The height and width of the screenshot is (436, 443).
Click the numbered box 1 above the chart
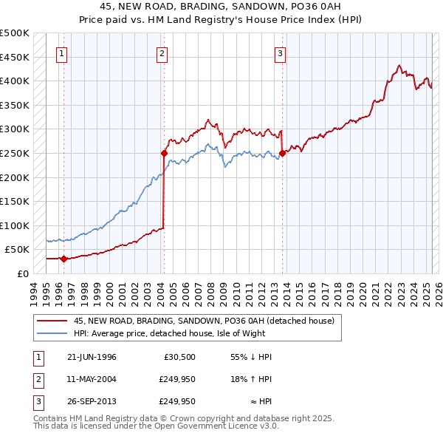click(61, 52)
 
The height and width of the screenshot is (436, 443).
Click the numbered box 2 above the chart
click(162, 52)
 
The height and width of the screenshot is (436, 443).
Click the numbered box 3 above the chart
click(281, 52)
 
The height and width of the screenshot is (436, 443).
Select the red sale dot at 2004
click(165, 153)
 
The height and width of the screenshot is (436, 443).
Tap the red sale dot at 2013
click(283, 153)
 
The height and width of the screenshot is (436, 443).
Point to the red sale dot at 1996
click(63, 259)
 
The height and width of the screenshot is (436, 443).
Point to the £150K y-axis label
click(15, 201)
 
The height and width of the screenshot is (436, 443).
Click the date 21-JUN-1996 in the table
click(91, 357)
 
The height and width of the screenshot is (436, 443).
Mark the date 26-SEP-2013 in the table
click(91, 401)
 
